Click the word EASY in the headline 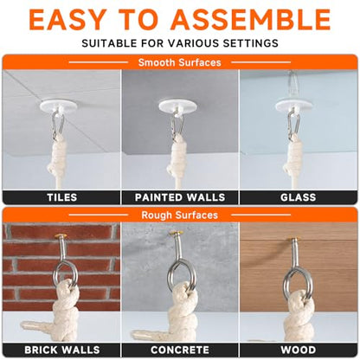coord(67,20)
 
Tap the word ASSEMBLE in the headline coord(250,20)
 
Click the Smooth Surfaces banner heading coord(179,62)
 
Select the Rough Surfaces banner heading coord(179,215)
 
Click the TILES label coord(62,197)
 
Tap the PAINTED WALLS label coord(180,197)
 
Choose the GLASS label coord(299,197)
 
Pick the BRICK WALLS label coord(62,350)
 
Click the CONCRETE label coord(180,350)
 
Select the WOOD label coord(299,350)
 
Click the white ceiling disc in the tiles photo coord(59,105)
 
